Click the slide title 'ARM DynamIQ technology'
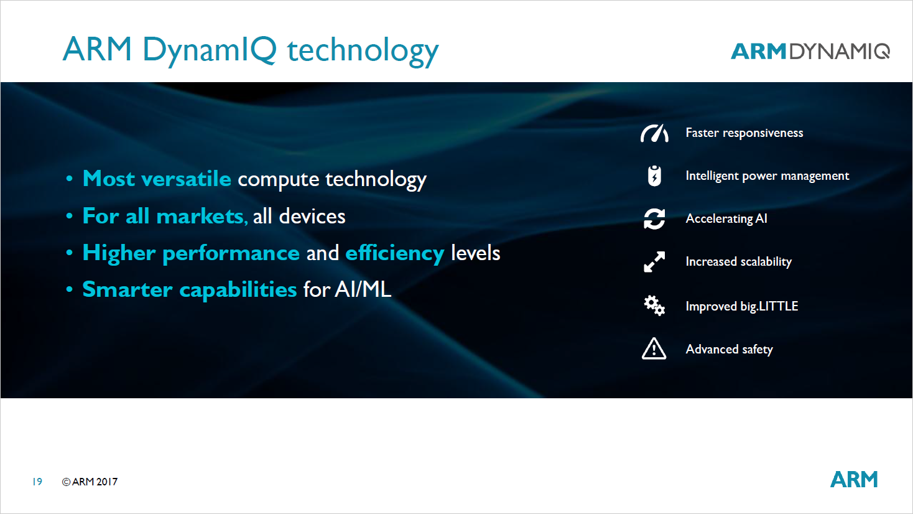click(x=251, y=50)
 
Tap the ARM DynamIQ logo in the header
click(x=810, y=51)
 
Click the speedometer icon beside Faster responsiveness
click(x=654, y=133)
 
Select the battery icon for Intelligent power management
click(x=654, y=176)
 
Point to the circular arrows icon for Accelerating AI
click(x=654, y=219)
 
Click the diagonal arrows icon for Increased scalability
click(x=654, y=262)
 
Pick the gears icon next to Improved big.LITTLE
click(x=654, y=306)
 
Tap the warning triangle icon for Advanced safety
click(x=654, y=349)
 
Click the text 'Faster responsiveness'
click(x=744, y=133)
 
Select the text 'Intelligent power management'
click(x=767, y=176)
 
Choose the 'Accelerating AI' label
click(x=726, y=218)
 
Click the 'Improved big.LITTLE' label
click(x=741, y=306)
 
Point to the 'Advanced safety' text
click(x=729, y=349)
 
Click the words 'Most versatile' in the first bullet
click(x=157, y=179)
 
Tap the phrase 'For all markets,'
click(x=165, y=216)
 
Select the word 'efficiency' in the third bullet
click(x=394, y=253)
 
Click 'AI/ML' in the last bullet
click(x=363, y=289)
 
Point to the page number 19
click(x=37, y=482)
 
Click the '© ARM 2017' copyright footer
click(x=90, y=482)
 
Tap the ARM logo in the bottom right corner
click(x=854, y=479)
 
